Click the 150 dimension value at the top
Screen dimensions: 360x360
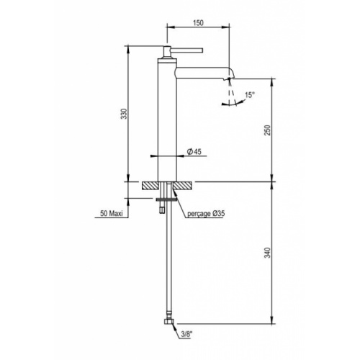coord(199,22)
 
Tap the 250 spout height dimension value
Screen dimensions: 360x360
coord(267,129)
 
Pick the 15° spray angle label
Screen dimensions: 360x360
coord(250,94)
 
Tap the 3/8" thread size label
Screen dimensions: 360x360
coord(187,334)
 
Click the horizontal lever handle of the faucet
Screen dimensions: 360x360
coord(184,50)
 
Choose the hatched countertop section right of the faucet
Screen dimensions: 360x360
coord(183,185)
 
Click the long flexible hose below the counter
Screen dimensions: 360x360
coord(169,266)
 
